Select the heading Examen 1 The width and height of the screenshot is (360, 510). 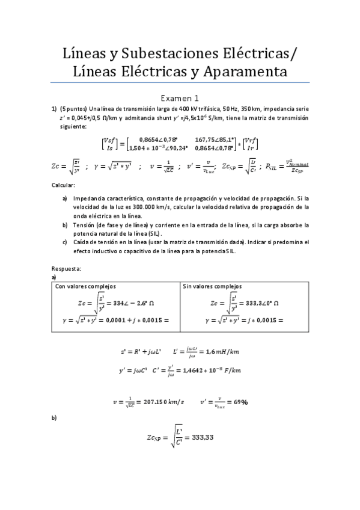pos(180,97)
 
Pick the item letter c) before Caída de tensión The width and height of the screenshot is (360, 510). pos(65,242)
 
